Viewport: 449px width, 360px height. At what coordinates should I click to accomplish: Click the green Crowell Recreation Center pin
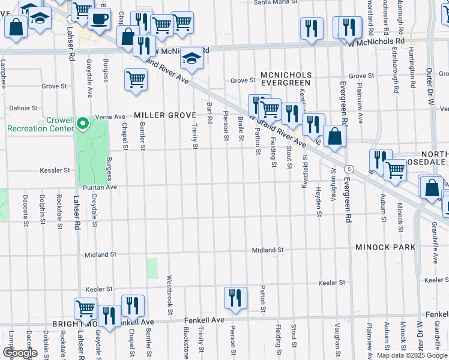[83, 124]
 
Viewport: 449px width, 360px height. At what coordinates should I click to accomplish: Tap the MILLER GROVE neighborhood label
[157, 115]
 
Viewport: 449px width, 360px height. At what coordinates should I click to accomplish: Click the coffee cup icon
[98, 19]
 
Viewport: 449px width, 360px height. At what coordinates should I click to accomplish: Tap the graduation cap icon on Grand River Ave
[191, 59]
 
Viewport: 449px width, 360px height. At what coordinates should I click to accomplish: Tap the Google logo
[20, 353]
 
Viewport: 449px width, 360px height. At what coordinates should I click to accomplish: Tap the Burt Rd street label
[209, 112]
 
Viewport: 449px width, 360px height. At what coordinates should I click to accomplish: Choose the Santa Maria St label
[276, 2]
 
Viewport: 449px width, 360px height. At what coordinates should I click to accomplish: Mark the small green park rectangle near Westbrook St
[152, 268]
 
